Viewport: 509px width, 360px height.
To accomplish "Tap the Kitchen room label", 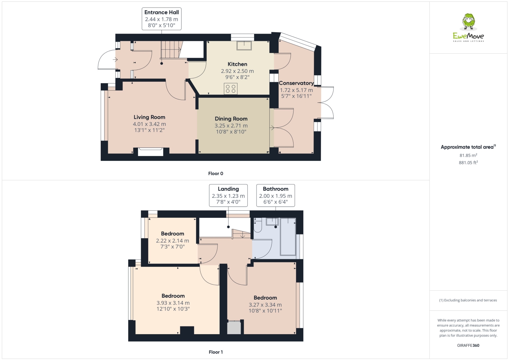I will click(237, 64).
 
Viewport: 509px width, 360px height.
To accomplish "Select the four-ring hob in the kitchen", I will click(230, 89).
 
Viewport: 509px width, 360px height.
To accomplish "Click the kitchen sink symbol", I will click(244, 45).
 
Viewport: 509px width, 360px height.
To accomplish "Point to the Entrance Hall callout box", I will click(162, 19).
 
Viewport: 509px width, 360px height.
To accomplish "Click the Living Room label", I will click(149, 117).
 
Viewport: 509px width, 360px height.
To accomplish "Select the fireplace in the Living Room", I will click(150, 152).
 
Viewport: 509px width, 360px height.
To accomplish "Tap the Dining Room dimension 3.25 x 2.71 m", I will click(231, 126).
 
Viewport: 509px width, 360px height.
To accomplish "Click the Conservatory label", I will click(296, 83).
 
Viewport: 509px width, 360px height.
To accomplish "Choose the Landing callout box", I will click(228, 195).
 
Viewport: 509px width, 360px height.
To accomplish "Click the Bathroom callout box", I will click(276, 195).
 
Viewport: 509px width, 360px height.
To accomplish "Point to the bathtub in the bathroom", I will click(288, 236).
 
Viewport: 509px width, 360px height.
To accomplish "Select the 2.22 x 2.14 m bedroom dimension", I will click(172, 241).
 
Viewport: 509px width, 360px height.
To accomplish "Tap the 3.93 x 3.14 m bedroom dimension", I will click(173, 303).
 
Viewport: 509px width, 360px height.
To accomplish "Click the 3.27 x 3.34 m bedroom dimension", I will click(265, 305).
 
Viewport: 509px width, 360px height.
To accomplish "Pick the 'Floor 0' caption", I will click(216, 173).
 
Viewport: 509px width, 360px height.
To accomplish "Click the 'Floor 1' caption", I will click(216, 352).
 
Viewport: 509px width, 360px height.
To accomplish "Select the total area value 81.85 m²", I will click(468, 155).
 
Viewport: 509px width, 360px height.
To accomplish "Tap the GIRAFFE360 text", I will click(468, 345).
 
